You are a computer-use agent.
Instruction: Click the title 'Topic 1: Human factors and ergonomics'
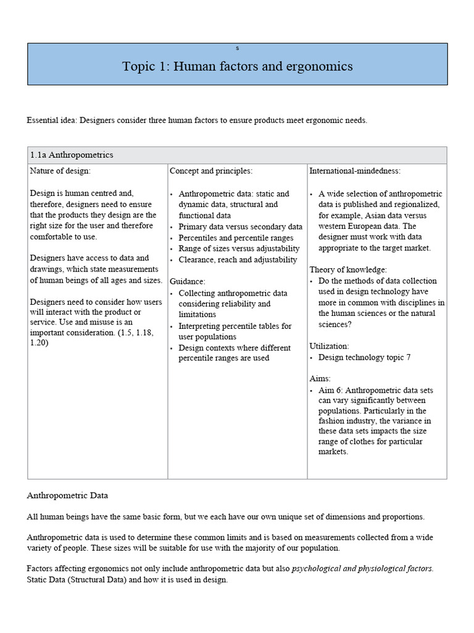tap(237, 67)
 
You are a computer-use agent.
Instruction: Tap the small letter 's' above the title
tap(237, 48)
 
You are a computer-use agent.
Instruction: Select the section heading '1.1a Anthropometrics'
tap(72, 155)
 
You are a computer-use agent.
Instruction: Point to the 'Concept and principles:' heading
tap(211, 171)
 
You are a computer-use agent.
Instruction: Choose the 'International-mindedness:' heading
tap(355, 171)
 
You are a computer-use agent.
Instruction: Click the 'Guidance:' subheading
tap(188, 281)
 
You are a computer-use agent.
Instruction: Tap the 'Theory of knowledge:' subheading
tap(348, 270)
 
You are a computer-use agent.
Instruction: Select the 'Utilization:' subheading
tap(329, 346)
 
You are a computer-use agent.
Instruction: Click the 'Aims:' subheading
tap(320, 378)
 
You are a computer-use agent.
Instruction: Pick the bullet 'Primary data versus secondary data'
tap(241, 227)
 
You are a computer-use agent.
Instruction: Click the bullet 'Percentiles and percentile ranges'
tap(236, 238)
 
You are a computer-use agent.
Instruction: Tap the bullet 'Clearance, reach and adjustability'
tap(238, 260)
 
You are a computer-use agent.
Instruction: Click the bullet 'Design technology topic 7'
tap(364, 357)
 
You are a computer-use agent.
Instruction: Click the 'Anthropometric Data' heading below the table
tap(67, 496)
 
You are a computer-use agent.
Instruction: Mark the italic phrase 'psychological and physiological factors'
tap(362, 569)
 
